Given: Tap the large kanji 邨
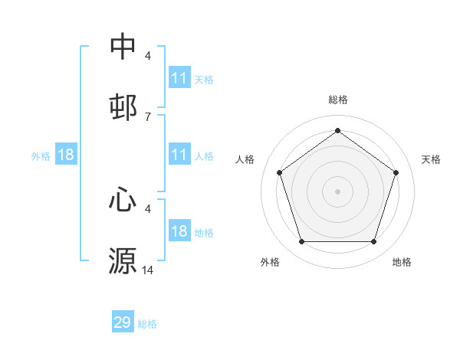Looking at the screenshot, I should [123, 107].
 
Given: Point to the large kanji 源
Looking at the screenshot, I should [123, 260].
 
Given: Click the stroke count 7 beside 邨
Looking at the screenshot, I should [148, 116].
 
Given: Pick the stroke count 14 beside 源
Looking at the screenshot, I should [148, 270].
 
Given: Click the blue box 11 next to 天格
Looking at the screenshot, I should [179, 78].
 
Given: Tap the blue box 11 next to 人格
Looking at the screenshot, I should [179, 155].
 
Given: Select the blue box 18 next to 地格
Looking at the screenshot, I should [179, 231].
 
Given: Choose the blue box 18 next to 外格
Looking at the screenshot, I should [66, 155].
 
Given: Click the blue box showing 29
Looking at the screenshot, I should [122, 322].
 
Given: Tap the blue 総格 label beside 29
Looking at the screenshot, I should [147, 324].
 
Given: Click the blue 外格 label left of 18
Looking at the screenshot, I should [41, 155].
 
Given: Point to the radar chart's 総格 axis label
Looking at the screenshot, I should [338, 100].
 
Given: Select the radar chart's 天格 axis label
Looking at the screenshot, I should [432, 159].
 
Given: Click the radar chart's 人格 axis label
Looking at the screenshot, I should [245, 159].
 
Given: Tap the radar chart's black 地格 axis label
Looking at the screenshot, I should [402, 263].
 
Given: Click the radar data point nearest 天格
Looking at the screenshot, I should [396, 172].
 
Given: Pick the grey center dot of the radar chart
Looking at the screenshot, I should [338, 191].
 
